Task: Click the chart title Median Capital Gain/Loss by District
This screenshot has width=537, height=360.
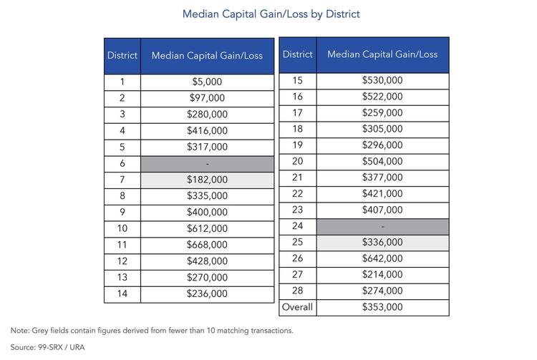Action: (271, 14)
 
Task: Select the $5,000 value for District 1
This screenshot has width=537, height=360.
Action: (207, 82)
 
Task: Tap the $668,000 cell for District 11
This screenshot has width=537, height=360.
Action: (207, 245)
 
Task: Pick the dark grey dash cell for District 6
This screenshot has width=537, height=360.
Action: (207, 165)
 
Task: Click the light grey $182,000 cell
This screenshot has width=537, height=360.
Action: (207, 180)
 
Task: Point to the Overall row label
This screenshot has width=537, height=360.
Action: (297, 307)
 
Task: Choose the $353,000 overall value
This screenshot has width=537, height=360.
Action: (382, 307)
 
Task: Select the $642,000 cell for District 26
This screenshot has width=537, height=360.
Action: (382, 258)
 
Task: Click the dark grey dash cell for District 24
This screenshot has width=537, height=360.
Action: (382, 227)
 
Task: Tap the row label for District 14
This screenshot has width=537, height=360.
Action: (122, 293)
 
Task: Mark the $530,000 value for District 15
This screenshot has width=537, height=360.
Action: (382, 80)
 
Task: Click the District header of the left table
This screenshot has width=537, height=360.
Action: (122, 55)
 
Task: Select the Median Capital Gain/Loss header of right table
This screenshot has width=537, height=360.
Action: (382, 54)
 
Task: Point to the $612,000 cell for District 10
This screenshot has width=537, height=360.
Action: (207, 228)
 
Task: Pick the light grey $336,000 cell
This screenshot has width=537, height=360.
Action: (382, 243)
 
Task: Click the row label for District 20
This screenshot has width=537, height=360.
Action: (297, 161)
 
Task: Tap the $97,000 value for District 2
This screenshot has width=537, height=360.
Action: (207, 98)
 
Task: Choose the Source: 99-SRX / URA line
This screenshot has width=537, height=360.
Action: (47, 347)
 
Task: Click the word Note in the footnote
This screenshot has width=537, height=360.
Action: (19, 331)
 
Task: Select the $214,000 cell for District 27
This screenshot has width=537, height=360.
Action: (382, 274)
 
